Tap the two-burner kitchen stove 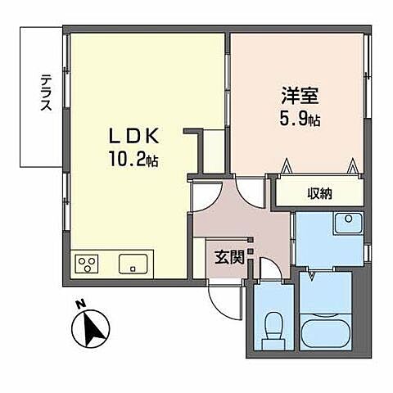point(86,264)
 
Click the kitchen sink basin point(133,264)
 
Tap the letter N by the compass point(80,305)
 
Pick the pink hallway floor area point(246,225)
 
